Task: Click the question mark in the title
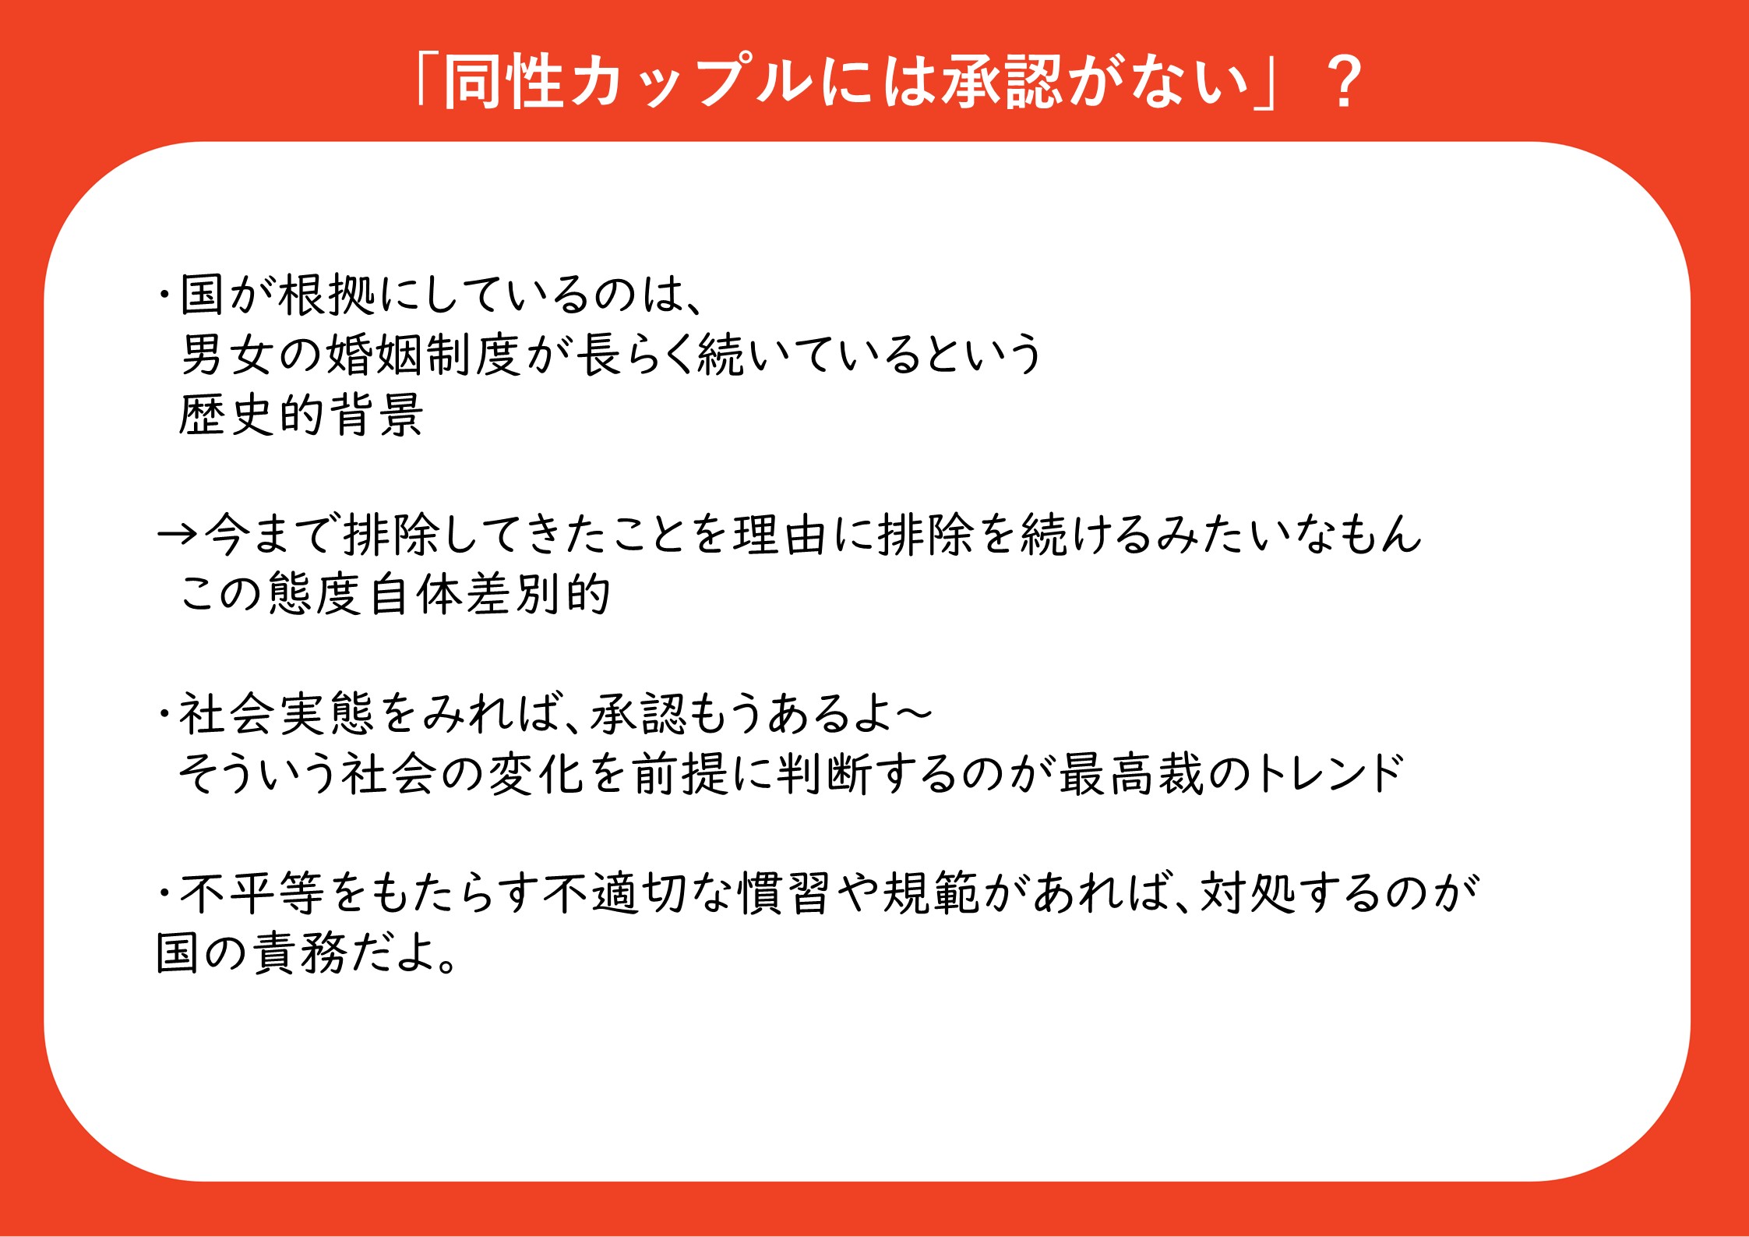pyautogui.click(x=1343, y=82)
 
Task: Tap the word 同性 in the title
pyautogui.click(x=503, y=82)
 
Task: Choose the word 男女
pyautogui.click(x=225, y=355)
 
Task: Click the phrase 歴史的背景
pyautogui.click(x=301, y=415)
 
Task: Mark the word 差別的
pyautogui.click(x=538, y=594)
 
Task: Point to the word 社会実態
pyautogui.click(x=277, y=714)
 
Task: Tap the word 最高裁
pyautogui.click(x=1131, y=774)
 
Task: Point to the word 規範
pyautogui.click(x=930, y=894)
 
